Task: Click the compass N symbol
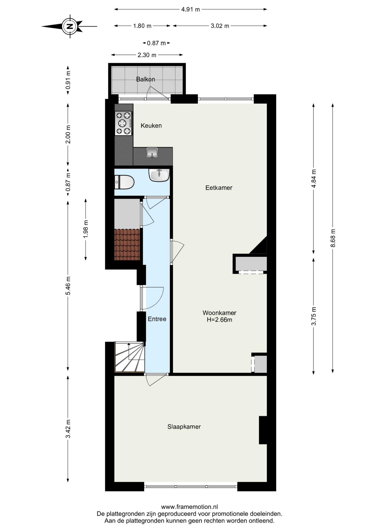pyautogui.click(x=70, y=27)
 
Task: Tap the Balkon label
pyautogui.click(x=145, y=79)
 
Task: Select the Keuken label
pyautogui.click(x=151, y=126)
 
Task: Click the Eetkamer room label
pyautogui.click(x=219, y=188)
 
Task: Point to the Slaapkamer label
pyautogui.click(x=184, y=427)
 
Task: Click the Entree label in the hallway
pyautogui.click(x=157, y=319)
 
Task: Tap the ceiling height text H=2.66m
pyautogui.click(x=220, y=320)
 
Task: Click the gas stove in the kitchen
pyautogui.click(x=123, y=123)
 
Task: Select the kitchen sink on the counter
pyautogui.click(x=152, y=153)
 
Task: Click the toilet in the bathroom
pyautogui.click(x=124, y=182)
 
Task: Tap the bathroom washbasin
pyautogui.click(x=159, y=175)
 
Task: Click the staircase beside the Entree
pyautogui.click(x=130, y=357)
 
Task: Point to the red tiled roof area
pyautogui.click(x=127, y=244)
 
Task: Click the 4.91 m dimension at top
pyautogui.click(x=190, y=9)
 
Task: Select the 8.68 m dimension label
pyautogui.click(x=333, y=238)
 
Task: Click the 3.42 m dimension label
pyautogui.click(x=68, y=429)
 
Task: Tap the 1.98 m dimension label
pyautogui.click(x=86, y=229)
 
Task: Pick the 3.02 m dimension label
pyautogui.click(x=220, y=26)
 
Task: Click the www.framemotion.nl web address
pyautogui.click(x=189, y=507)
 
